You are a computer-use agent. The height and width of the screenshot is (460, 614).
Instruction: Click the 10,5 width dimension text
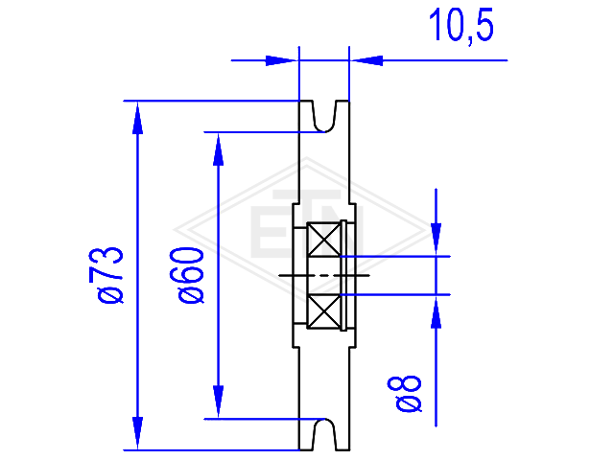click(460, 26)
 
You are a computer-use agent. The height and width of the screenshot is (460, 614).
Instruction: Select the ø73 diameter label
click(106, 275)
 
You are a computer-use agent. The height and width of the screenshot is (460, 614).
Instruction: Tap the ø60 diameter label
click(187, 275)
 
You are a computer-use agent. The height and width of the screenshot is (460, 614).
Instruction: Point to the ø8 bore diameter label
click(405, 394)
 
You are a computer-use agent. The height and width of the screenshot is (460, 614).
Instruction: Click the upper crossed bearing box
click(324, 240)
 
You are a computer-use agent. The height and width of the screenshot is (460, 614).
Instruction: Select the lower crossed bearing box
click(324, 310)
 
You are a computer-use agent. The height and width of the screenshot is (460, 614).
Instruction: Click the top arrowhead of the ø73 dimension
click(137, 117)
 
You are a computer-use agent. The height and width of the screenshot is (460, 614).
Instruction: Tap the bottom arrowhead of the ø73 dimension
click(137, 433)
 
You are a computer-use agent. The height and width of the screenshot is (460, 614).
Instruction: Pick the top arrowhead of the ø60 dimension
click(218, 149)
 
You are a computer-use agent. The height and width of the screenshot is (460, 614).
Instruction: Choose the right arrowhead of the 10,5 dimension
click(366, 60)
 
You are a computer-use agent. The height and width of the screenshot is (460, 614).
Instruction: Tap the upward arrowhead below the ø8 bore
click(437, 311)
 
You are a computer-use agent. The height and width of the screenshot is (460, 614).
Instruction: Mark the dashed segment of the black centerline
click(324, 275)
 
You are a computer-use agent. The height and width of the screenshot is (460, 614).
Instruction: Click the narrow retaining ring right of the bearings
click(343, 276)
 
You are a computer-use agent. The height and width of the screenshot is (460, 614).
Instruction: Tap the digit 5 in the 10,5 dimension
click(484, 24)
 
